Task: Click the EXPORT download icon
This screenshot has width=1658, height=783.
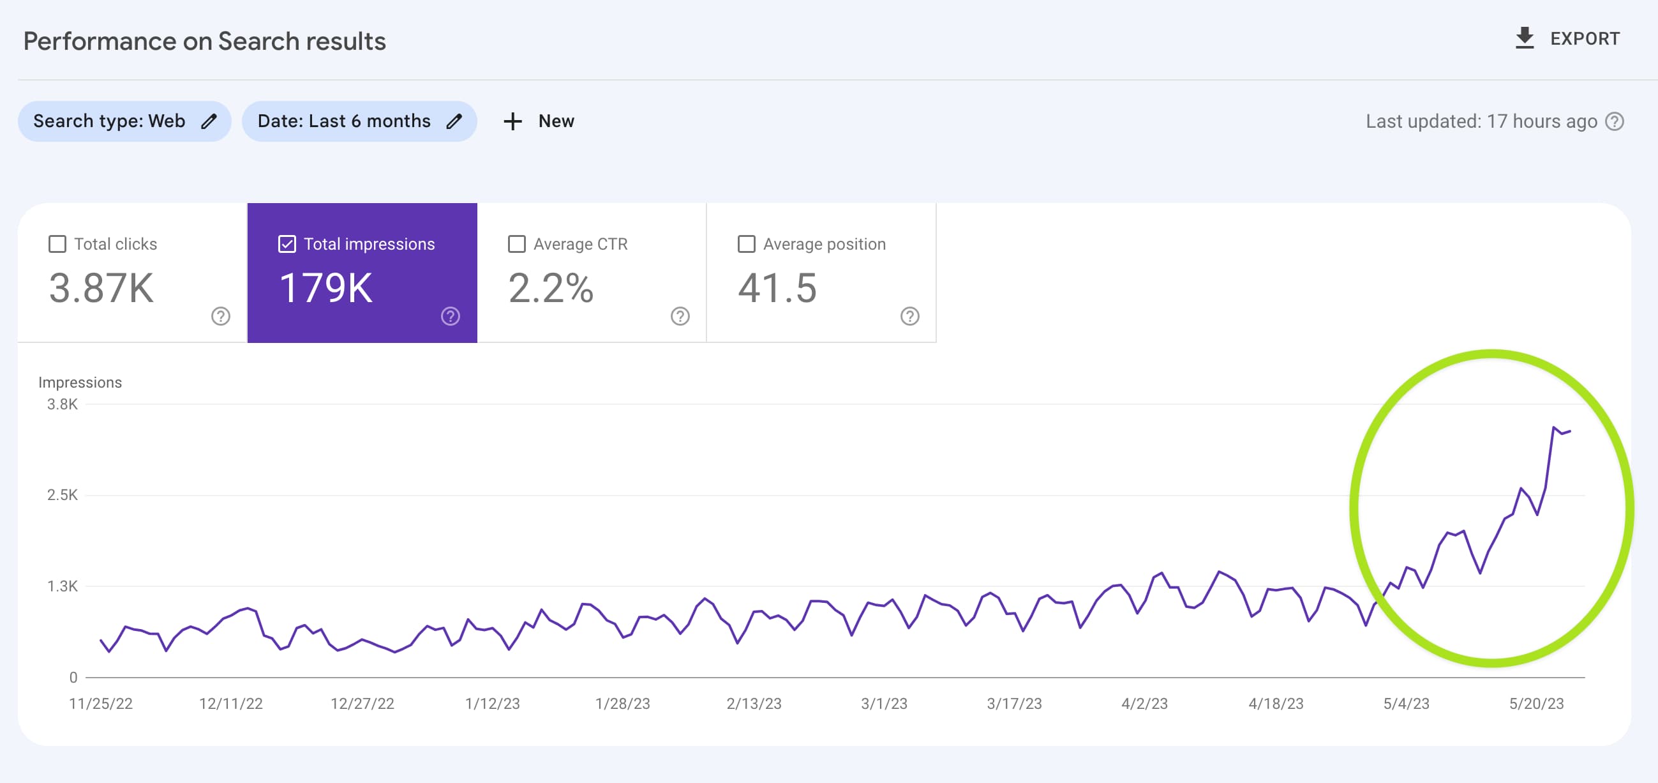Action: point(1524,38)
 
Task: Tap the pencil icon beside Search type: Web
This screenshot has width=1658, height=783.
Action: point(209,121)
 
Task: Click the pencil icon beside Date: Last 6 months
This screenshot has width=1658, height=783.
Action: point(454,121)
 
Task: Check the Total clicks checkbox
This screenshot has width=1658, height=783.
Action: point(57,244)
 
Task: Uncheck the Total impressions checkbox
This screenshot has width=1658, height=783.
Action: point(287,244)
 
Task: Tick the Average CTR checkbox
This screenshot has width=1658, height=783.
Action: point(517,244)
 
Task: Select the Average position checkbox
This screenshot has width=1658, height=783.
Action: point(747,244)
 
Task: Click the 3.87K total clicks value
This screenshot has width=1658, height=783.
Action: point(101,288)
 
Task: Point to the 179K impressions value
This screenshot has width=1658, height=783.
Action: point(326,288)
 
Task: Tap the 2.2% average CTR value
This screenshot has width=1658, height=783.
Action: point(551,288)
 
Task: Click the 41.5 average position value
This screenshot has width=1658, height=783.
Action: point(777,288)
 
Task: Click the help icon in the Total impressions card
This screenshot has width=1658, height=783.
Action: point(451,316)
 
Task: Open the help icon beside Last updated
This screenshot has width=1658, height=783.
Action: point(1614,121)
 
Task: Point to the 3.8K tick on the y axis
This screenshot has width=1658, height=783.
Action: point(63,404)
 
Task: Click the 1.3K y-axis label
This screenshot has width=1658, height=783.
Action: point(63,586)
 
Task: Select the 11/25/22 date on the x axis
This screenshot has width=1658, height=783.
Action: point(101,703)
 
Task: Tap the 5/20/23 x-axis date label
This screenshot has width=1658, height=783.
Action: point(1536,703)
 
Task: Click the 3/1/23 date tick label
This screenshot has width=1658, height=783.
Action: point(885,703)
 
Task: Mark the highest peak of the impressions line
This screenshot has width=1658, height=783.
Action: point(1554,427)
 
